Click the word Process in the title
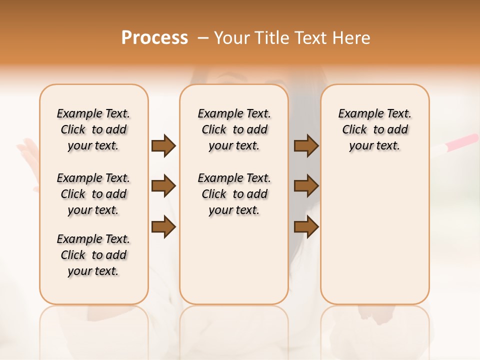pyautogui.click(x=154, y=38)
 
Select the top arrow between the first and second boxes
pyautogui.click(x=163, y=146)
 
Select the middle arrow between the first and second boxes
pyautogui.click(x=163, y=186)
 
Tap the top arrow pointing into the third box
pyautogui.click(x=306, y=146)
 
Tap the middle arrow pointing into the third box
pyautogui.click(x=306, y=186)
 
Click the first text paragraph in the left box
pyautogui.click(x=93, y=129)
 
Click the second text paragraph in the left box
pyautogui.click(x=93, y=194)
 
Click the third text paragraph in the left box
pyautogui.click(x=93, y=255)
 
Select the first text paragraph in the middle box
pyautogui.click(x=234, y=129)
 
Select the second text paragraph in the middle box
pyautogui.click(x=234, y=194)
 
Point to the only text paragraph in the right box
pyautogui.click(x=374, y=129)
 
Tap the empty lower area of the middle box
pyautogui.click(x=234, y=260)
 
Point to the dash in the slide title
pyautogui.click(x=203, y=38)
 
